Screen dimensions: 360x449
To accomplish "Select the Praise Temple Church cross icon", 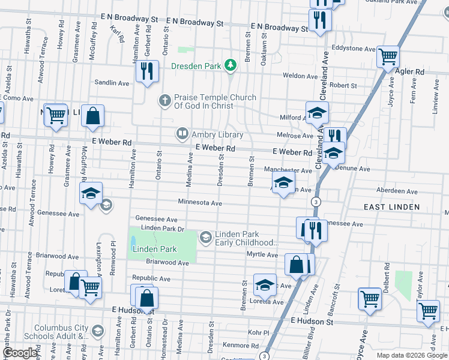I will coord(164,100).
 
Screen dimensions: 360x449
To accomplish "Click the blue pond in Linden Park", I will coord(133,242).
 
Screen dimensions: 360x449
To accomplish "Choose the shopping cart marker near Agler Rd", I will coord(388,57).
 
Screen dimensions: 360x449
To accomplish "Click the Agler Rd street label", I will coord(410,71).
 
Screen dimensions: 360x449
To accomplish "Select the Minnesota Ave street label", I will coord(200,203).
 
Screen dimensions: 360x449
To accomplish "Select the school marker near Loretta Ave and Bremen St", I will coord(265,285).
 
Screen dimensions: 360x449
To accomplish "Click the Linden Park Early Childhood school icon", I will coord(206,238).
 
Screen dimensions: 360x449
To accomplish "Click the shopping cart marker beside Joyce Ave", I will coord(370,299).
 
